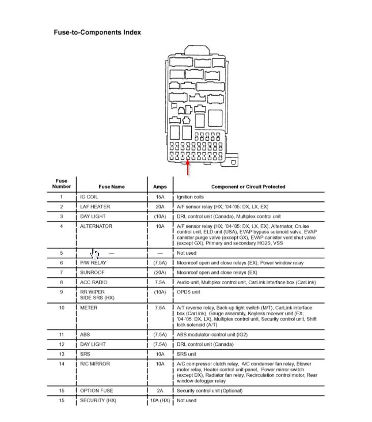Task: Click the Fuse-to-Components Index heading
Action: point(97,32)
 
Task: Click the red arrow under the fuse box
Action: point(188,168)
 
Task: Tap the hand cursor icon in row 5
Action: point(95,253)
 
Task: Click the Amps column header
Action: point(160,187)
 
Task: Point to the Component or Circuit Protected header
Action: point(248,187)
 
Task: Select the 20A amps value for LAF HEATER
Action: point(160,207)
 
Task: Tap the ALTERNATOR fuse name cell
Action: point(96,226)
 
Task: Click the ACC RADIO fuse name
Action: point(94,282)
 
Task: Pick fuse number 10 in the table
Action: point(62,308)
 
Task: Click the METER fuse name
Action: point(89,308)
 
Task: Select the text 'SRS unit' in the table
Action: point(186,354)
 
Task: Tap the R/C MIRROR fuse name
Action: point(95,364)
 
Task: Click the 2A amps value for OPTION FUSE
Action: point(160,391)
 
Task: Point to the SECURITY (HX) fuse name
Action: point(98,401)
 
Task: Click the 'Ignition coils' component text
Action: point(190,197)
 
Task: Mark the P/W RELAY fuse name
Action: point(93,263)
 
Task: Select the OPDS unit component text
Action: point(188,292)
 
